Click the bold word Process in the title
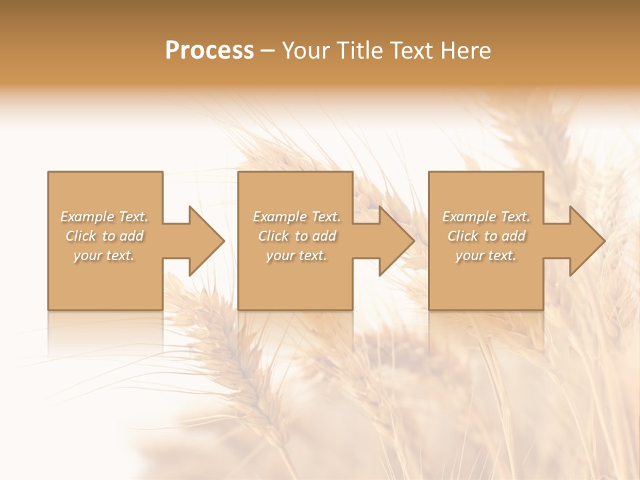209,51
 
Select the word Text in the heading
412,51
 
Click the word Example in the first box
87,217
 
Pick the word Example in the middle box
279,217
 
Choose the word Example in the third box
469,217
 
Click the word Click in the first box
81,236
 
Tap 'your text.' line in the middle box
296,255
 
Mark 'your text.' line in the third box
485,255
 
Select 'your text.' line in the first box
104,255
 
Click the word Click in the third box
463,236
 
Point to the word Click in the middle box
273,236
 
